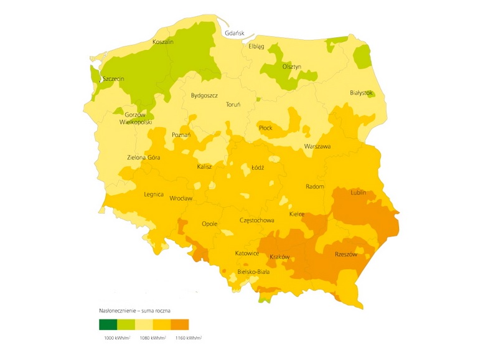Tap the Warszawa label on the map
(x=317, y=146)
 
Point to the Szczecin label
(x=114, y=79)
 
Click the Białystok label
(x=362, y=92)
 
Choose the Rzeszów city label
(x=346, y=254)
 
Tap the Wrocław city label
(x=181, y=198)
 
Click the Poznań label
(x=181, y=135)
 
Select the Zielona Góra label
(x=143, y=158)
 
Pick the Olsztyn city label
(x=291, y=67)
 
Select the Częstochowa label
(x=257, y=220)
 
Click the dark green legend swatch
(x=108, y=324)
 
